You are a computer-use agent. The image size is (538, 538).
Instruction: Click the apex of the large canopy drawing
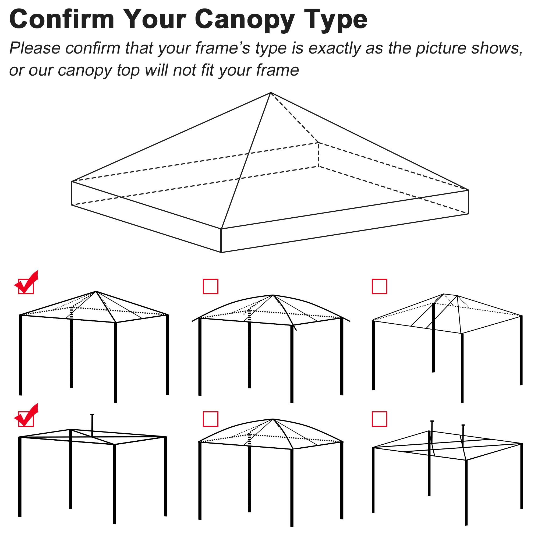point(271,93)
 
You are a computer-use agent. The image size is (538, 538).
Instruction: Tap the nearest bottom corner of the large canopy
point(221,252)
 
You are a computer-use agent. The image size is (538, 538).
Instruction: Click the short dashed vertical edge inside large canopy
point(318,155)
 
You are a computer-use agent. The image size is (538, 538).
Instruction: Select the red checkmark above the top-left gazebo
point(26,283)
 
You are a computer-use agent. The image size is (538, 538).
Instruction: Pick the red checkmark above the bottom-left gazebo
point(26,416)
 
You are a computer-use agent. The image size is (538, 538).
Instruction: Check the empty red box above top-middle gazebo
point(211,286)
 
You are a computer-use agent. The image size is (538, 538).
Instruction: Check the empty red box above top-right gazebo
point(379,286)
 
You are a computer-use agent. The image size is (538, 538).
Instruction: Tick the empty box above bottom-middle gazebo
point(211,419)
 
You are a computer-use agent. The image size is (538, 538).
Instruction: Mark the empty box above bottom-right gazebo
point(379,419)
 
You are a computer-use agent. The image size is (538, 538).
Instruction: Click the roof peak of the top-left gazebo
point(96,292)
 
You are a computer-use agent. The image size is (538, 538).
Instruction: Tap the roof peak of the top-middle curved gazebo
point(273,295)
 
